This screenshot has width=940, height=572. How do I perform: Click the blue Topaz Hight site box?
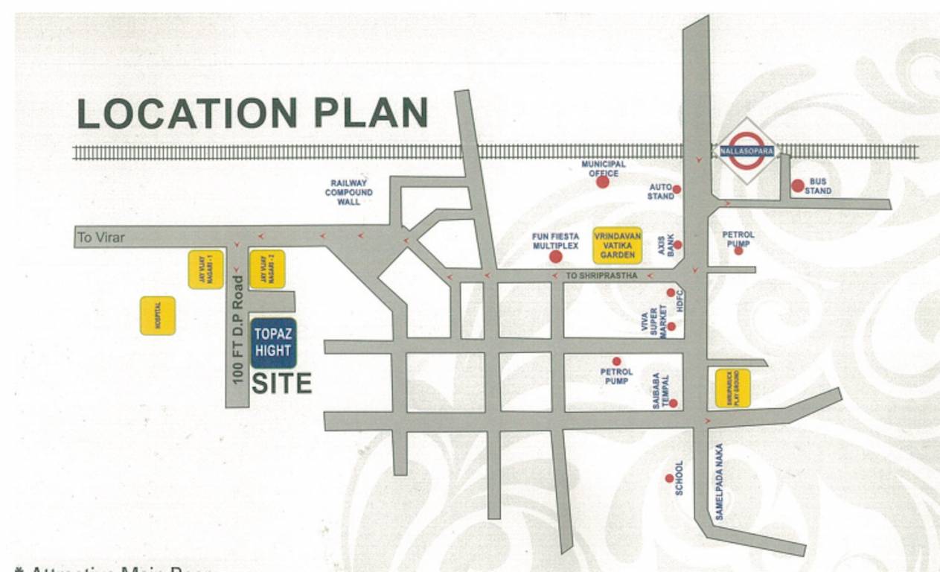(x=273, y=343)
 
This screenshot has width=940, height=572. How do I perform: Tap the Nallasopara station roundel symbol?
(x=746, y=150)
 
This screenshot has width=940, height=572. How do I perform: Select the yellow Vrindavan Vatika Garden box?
(x=617, y=245)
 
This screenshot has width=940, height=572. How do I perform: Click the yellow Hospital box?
(x=158, y=316)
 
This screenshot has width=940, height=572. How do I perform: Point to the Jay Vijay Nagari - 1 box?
(x=205, y=269)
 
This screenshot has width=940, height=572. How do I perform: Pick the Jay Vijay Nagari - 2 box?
(x=267, y=269)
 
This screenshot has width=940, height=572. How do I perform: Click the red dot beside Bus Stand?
(x=798, y=185)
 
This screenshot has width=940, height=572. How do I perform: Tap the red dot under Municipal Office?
(x=602, y=182)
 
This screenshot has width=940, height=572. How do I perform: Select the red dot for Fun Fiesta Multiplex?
(x=555, y=257)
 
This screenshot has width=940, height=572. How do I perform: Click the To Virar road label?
(x=101, y=238)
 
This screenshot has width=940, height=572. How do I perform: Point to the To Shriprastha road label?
(x=601, y=276)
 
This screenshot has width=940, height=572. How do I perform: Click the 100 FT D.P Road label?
(x=238, y=329)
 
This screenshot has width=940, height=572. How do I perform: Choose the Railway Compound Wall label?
(x=348, y=192)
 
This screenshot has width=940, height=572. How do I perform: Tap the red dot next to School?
(x=669, y=478)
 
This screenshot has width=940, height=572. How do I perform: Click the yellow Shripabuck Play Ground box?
(x=732, y=388)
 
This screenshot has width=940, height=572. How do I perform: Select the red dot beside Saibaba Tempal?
(x=673, y=403)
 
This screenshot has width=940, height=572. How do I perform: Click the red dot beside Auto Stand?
(x=677, y=189)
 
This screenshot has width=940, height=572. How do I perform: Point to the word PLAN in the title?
(x=371, y=112)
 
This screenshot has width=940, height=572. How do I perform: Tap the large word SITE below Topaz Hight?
(x=281, y=383)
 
